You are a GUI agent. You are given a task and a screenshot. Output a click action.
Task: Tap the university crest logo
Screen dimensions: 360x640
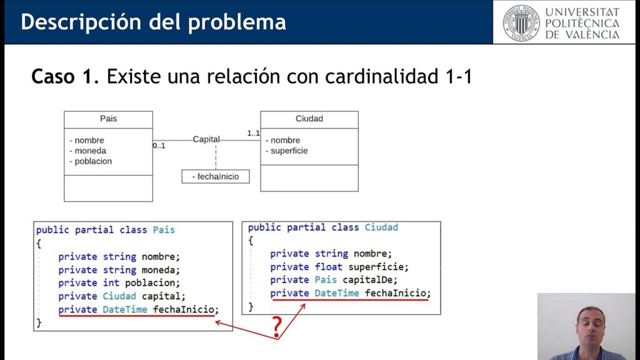520,22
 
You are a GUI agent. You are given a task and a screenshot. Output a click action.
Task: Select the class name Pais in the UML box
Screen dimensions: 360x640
108,119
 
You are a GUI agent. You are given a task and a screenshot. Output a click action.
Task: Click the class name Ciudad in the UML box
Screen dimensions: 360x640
309,119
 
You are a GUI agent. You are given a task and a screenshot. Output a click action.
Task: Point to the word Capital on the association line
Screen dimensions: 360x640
206,139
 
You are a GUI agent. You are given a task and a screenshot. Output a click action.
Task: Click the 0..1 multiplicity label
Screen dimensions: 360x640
159,146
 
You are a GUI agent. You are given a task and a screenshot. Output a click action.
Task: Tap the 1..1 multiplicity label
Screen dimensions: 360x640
253,133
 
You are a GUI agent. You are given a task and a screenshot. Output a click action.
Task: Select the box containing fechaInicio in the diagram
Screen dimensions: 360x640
215,177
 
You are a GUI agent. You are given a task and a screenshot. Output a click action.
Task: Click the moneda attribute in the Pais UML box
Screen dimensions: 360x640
91,151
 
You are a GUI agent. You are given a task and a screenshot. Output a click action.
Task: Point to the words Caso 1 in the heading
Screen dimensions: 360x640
64,77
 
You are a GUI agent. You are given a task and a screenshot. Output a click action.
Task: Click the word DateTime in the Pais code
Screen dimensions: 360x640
125,309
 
